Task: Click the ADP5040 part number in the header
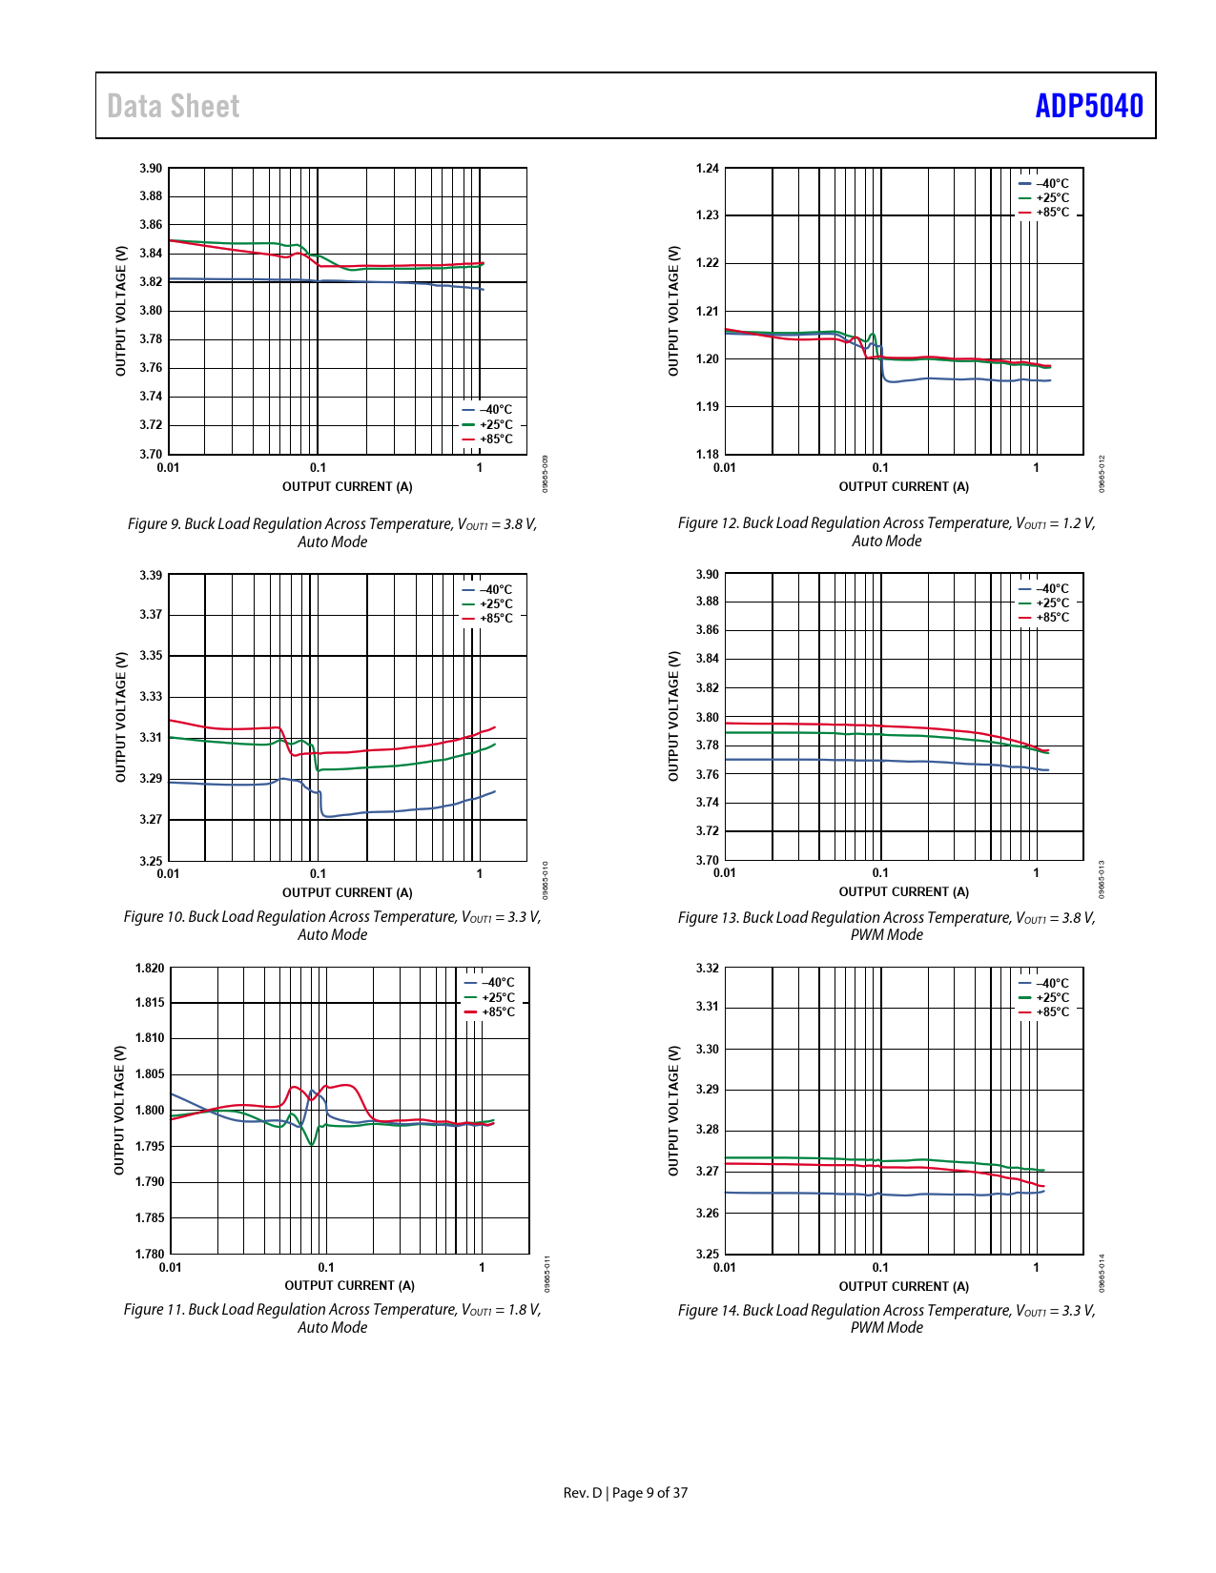tap(1088, 106)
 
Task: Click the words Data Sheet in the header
tap(174, 106)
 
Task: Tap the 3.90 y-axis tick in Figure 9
tap(151, 169)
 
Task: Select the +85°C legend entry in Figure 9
tap(488, 439)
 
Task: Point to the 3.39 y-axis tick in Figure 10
tap(151, 576)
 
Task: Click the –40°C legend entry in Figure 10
tap(488, 590)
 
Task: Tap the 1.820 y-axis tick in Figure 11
tap(150, 969)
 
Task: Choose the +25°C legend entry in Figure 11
tap(490, 998)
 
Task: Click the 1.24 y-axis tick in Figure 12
tap(707, 169)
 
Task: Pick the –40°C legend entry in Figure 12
tap(1045, 184)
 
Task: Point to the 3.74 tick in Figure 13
tap(707, 803)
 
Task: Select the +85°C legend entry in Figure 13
tap(1045, 618)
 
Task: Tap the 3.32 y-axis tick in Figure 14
tap(707, 969)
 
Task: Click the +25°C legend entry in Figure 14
tap(1045, 998)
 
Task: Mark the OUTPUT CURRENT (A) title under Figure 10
tap(347, 893)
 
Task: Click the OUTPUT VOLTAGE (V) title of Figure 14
tap(673, 1111)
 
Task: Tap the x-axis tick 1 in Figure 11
tap(482, 1268)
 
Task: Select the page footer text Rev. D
tap(583, 1493)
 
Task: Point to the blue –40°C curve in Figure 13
tap(858, 761)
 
